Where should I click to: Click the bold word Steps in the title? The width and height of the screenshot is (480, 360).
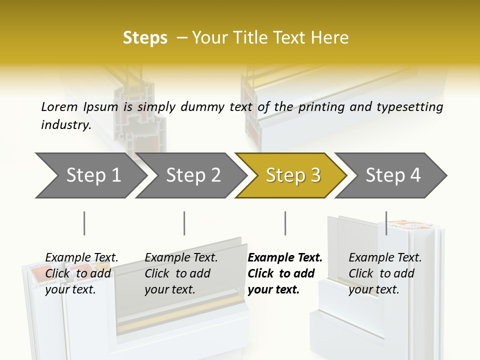pyautogui.click(x=145, y=38)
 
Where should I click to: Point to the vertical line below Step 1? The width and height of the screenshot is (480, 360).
pyautogui.click(x=84, y=223)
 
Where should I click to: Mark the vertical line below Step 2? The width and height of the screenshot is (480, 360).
pyautogui.click(x=184, y=223)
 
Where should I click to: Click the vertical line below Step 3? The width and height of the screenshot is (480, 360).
pyautogui.click(x=285, y=223)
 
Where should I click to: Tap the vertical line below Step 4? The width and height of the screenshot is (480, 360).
pyautogui.click(x=386, y=223)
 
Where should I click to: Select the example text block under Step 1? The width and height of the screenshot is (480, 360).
pyautogui.click(x=81, y=273)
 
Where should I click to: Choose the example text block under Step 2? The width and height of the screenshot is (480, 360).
pyautogui.click(x=181, y=273)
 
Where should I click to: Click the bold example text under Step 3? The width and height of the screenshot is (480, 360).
pyautogui.click(x=285, y=273)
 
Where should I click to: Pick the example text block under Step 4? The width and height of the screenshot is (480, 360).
pyautogui.click(x=385, y=273)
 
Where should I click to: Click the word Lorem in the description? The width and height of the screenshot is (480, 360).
pyautogui.click(x=59, y=107)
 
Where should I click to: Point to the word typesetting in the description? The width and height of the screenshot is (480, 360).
pyautogui.click(x=409, y=107)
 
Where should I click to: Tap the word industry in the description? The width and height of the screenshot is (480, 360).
pyautogui.click(x=65, y=125)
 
